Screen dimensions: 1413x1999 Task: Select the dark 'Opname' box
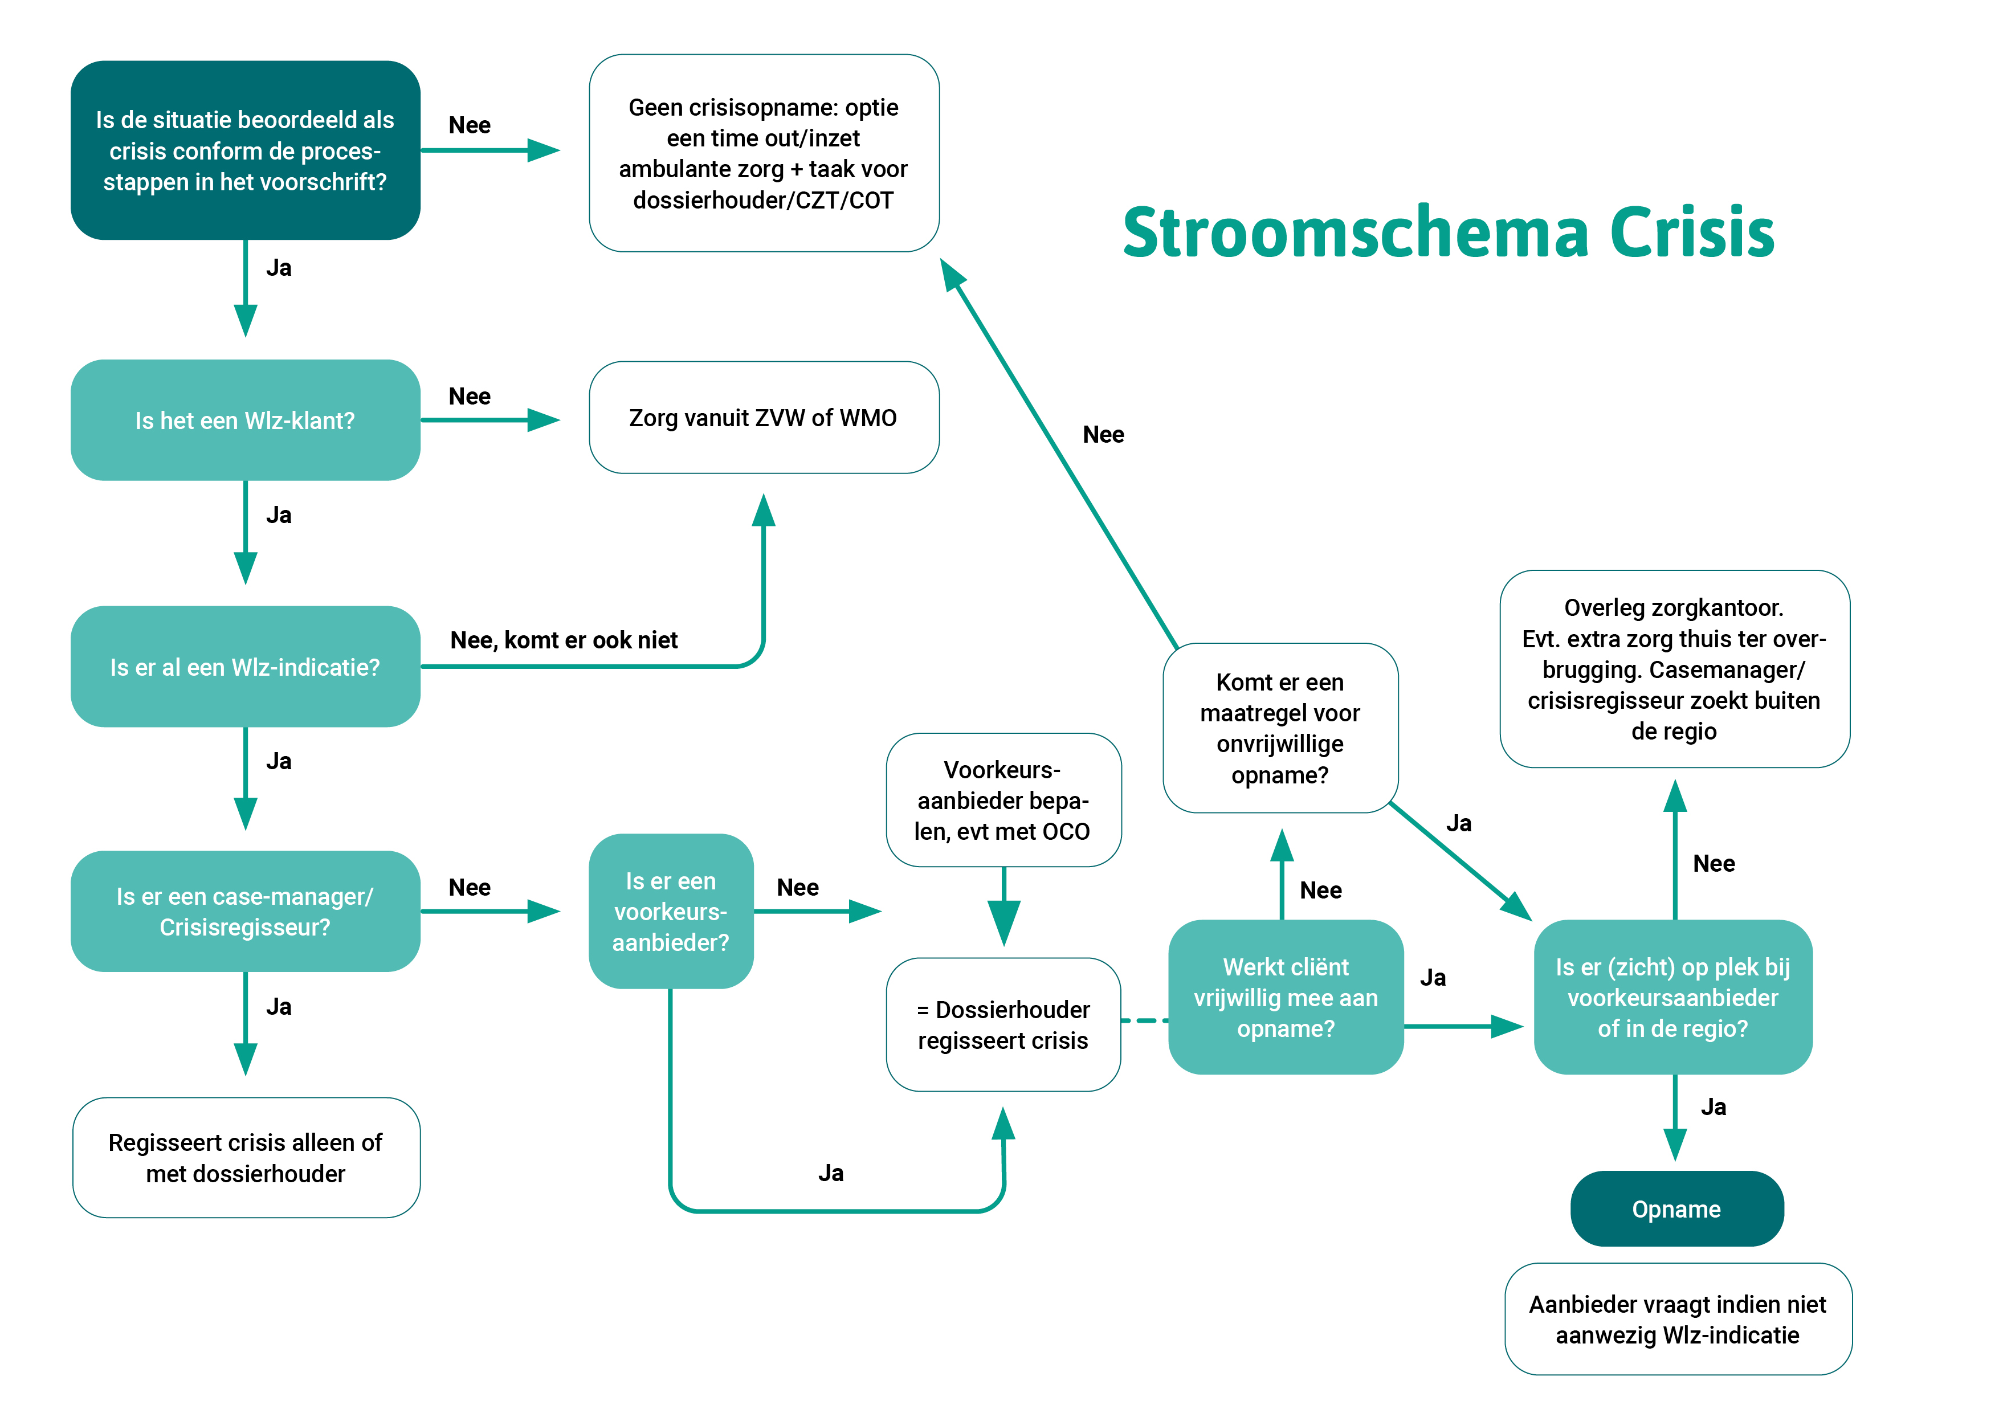coord(1676,1208)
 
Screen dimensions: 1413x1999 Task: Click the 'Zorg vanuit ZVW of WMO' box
coord(764,418)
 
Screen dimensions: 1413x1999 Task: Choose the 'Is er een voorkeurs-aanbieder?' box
coord(670,912)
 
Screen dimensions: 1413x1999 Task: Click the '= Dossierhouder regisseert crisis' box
coord(1003,1024)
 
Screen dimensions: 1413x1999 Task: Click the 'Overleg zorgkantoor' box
coord(1674,669)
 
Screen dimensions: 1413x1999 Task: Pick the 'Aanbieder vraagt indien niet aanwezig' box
coord(1677,1319)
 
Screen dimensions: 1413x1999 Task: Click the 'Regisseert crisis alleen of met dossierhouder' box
coord(246,1157)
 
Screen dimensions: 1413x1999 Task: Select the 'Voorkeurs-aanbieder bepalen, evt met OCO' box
coord(1003,800)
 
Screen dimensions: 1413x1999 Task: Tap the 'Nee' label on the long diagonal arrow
coord(1103,434)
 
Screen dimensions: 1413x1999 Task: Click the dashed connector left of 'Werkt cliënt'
coord(1144,1020)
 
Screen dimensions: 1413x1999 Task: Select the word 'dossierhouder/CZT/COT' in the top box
coord(762,200)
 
